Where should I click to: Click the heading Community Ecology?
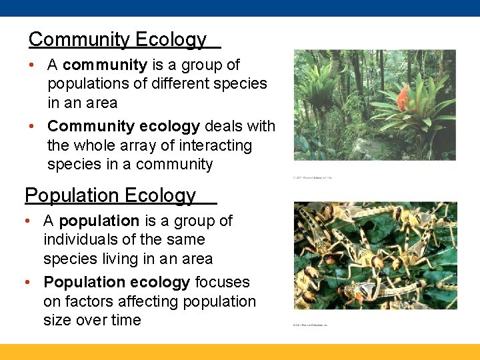pyautogui.click(x=117, y=39)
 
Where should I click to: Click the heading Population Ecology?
pyautogui.click(x=111, y=195)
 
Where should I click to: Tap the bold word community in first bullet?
pyautogui.click(x=105, y=65)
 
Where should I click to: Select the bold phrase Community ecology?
pyautogui.click(x=123, y=126)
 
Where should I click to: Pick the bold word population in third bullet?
pyautogui.click(x=99, y=221)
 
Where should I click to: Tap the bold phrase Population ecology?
pyautogui.click(x=117, y=283)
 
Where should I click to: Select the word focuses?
pyautogui.click(x=222, y=283)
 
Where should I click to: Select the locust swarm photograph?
pyautogui.click(x=375, y=255)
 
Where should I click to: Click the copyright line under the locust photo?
pyautogui.click(x=311, y=325)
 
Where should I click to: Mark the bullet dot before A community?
pyautogui.click(x=32, y=65)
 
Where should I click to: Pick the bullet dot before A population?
pyautogui.click(x=28, y=221)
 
